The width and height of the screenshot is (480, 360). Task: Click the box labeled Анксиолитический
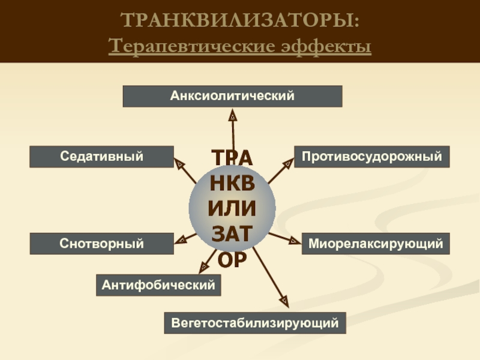232,96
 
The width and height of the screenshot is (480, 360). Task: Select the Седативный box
101,157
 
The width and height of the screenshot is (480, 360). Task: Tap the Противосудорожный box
371,157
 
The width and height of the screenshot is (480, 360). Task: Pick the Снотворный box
101,244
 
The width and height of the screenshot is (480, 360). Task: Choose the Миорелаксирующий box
376,244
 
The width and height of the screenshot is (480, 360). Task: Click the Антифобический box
158,285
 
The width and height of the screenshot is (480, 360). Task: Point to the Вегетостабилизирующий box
255,323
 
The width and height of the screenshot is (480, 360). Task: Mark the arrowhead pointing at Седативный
179,162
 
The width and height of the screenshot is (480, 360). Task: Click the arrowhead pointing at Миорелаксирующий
293,241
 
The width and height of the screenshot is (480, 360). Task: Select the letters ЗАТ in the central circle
232,235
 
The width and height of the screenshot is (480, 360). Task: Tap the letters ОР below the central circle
232,260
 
